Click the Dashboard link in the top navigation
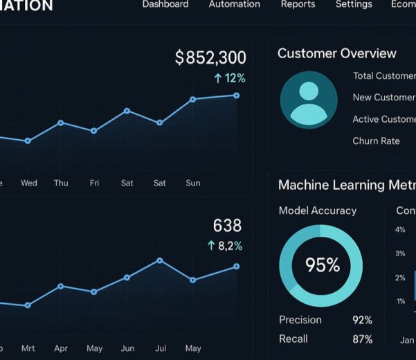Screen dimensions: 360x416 [165, 4]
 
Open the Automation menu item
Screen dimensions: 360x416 [234, 4]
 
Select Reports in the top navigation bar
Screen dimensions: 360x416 [298, 4]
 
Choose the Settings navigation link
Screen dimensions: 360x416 [354, 4]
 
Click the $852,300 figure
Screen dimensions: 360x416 [210, 57]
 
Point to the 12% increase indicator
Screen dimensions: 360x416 [230, 78]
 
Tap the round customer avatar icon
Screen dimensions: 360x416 [309, 100]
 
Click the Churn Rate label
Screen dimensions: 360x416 [376, 141]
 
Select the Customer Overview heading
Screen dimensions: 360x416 [336, 53]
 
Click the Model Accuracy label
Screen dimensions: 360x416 [317, 210]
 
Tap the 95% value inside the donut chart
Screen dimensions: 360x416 [323, 265]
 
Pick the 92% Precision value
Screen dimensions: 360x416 [362, 320]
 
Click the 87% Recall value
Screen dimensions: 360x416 [362, 339]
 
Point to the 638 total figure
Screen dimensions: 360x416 [227, 226]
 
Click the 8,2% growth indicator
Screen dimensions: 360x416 [225, 246]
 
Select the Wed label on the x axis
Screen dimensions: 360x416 [29, 183]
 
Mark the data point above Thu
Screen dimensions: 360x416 [61, 123]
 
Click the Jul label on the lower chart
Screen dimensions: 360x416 [160, 348]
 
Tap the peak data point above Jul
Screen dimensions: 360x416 [160, 260]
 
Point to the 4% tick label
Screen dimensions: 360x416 [400, 229]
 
